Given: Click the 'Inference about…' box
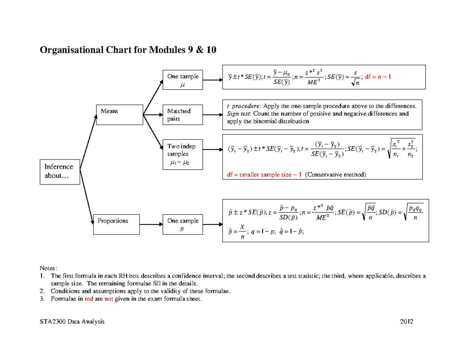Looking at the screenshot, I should tap(59, 171).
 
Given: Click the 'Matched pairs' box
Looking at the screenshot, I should tap(183, 115).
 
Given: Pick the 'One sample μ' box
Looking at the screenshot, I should tap(183, 80).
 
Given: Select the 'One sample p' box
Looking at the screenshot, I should tap(183, 224).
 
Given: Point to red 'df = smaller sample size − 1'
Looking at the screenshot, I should tap(264, 175).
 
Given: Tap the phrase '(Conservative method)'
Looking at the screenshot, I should tap(335, 175).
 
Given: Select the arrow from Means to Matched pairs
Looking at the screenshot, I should tap(153, 115).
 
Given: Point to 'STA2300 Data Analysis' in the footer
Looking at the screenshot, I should tap(72, 322).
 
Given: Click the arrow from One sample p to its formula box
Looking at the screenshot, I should tap(213, 224).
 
